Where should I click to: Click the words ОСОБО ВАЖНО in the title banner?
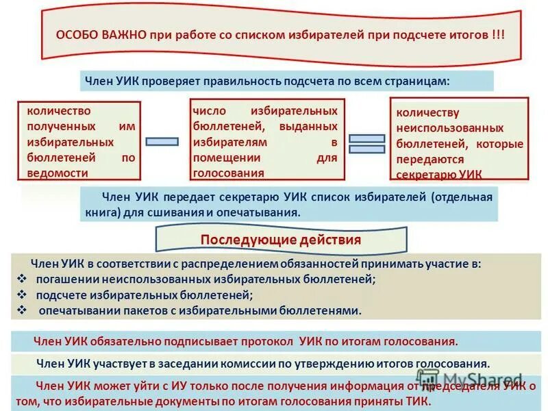click(100, 35)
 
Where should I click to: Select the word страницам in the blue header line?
click(422, 81)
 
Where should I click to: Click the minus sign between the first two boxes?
click(163, 141)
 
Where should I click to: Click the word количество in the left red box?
click(58, 110)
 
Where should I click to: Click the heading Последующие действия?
click(281, 240)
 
